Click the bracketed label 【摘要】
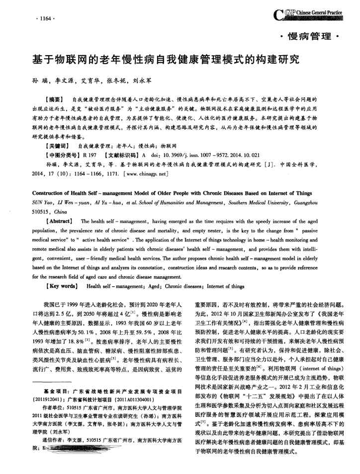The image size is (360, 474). tap(54, 100)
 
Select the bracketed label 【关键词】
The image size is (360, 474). tap(55, 147)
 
